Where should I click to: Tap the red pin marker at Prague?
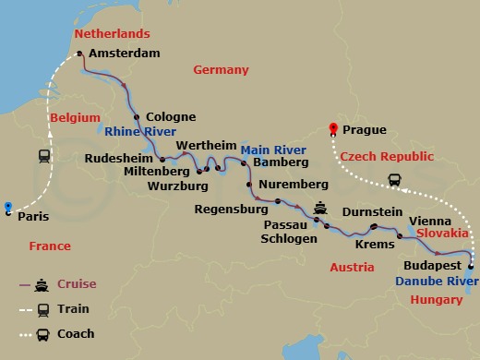point(335,130)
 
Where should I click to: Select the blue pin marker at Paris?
point(7,207)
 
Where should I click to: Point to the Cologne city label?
point(171,117)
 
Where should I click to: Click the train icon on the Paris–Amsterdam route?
point(43,156)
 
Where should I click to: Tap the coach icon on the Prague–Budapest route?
point(394,180)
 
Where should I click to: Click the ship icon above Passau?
point(320,208)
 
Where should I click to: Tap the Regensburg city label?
point(231,210)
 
